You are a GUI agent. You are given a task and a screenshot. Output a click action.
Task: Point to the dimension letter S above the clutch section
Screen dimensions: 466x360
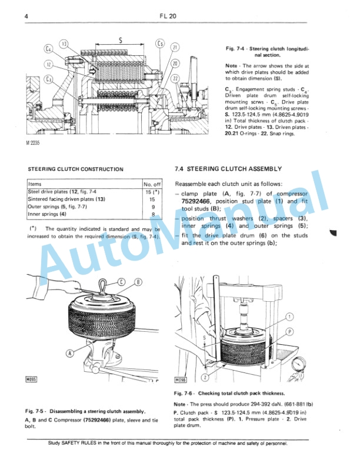point(120,40)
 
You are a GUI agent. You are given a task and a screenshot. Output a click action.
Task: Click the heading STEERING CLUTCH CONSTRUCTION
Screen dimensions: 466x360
point(75,169)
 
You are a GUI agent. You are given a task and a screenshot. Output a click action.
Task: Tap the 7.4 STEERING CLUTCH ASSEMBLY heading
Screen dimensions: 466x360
point(225,169)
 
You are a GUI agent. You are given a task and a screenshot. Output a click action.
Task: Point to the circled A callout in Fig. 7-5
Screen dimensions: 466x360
point(69,353)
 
